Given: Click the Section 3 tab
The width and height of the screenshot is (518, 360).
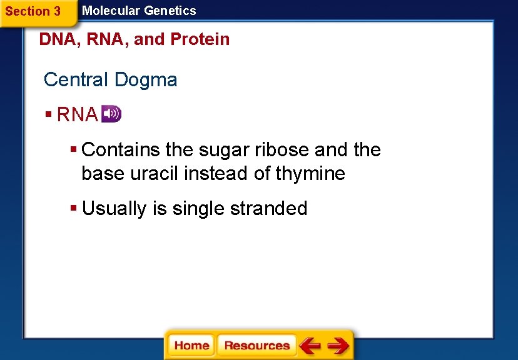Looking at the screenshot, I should pyautogui.click(x=33, y=11).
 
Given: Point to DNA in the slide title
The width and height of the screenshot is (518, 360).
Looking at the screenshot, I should pyautogui.click(x=53, y=39).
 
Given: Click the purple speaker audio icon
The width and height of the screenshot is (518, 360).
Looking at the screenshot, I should pyautogui.click(x=111, y=114).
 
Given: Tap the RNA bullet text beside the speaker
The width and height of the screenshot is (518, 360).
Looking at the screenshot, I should pyautogui.click(x=77, y=115).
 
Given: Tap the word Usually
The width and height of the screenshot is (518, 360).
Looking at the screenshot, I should pyautogui.click(x=114, y=208).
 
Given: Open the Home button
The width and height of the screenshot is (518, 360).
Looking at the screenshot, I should pyautogui.click(x=191, y=346).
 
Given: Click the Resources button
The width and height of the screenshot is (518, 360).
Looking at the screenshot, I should pyautogui.click(x=256, y=346).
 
